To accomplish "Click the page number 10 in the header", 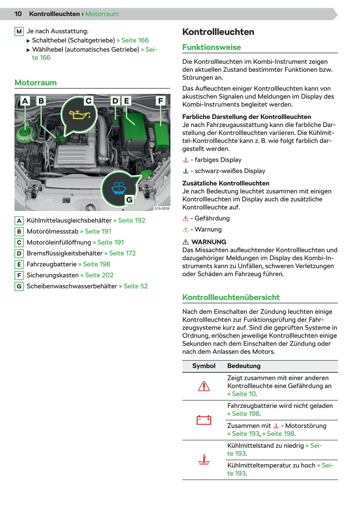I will click(18, 14).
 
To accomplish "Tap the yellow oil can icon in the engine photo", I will click(80, 115).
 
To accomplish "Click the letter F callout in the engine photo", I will click(160, 101).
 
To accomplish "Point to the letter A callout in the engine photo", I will click(25, 101).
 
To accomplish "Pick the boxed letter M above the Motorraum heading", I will click(19, 32).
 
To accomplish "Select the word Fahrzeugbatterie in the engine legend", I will click(52, 264).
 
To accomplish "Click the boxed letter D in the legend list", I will click(19, 254).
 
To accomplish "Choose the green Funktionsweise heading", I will click(211, 47).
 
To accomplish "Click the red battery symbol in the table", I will click(204, 420).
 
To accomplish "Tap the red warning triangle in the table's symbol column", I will click(204, 386).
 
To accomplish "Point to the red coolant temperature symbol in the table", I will click(204, 459).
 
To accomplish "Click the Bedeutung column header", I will click(244, 366).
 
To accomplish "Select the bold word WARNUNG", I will click(209, 242).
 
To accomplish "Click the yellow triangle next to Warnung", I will click(186, 230).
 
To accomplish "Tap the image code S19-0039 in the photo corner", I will click(162, 209).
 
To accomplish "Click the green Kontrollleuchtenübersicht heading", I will click(231, 297).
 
